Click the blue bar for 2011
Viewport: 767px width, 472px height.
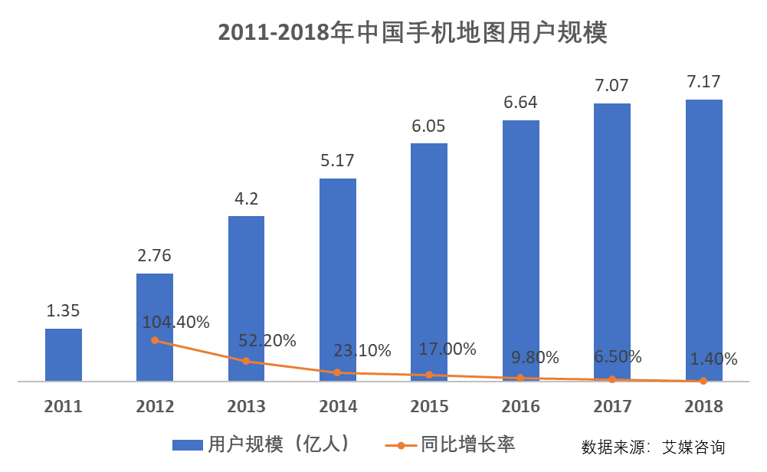click(x=64, y=355)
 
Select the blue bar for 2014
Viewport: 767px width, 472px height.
click(x=338, y=280)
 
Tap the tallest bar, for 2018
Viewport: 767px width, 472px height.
click(x=704, y=240)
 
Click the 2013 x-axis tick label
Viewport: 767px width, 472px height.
click(x=247, y=406)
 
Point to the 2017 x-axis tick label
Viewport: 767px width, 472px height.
click(x=612, y=406)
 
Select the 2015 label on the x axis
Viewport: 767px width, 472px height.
click(x=429, y=406)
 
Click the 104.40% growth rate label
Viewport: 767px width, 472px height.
click(x=175, y=323)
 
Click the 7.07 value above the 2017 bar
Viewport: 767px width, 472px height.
click(x=612, y=86)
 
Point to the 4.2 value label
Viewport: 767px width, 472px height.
click(x=247, y=198)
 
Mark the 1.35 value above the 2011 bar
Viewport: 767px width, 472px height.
click(x=64, y=311)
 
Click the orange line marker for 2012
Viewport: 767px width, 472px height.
click(x=155, y=340)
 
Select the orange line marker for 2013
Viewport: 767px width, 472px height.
click(x=247, y=361)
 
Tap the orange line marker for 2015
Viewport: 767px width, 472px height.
click(x=429, y=375)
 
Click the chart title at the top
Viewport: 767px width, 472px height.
click(x=412, y=33)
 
